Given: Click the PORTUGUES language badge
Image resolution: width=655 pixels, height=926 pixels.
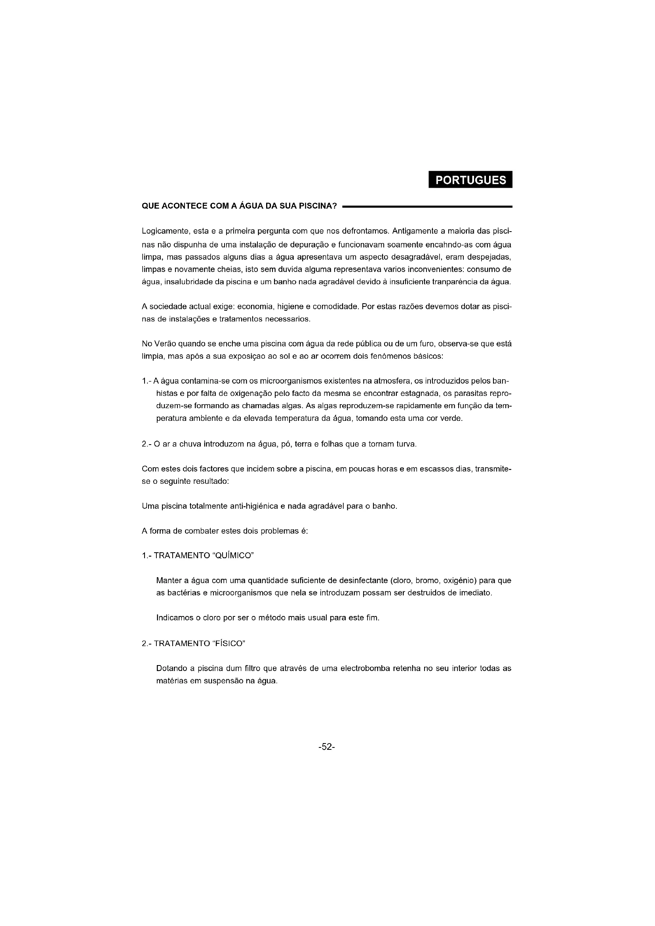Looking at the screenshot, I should (x=470, y=180).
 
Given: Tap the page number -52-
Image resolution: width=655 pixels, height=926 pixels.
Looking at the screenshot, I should (x=327, y=747).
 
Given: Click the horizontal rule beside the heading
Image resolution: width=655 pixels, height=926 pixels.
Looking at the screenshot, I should (x=427, y=207).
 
